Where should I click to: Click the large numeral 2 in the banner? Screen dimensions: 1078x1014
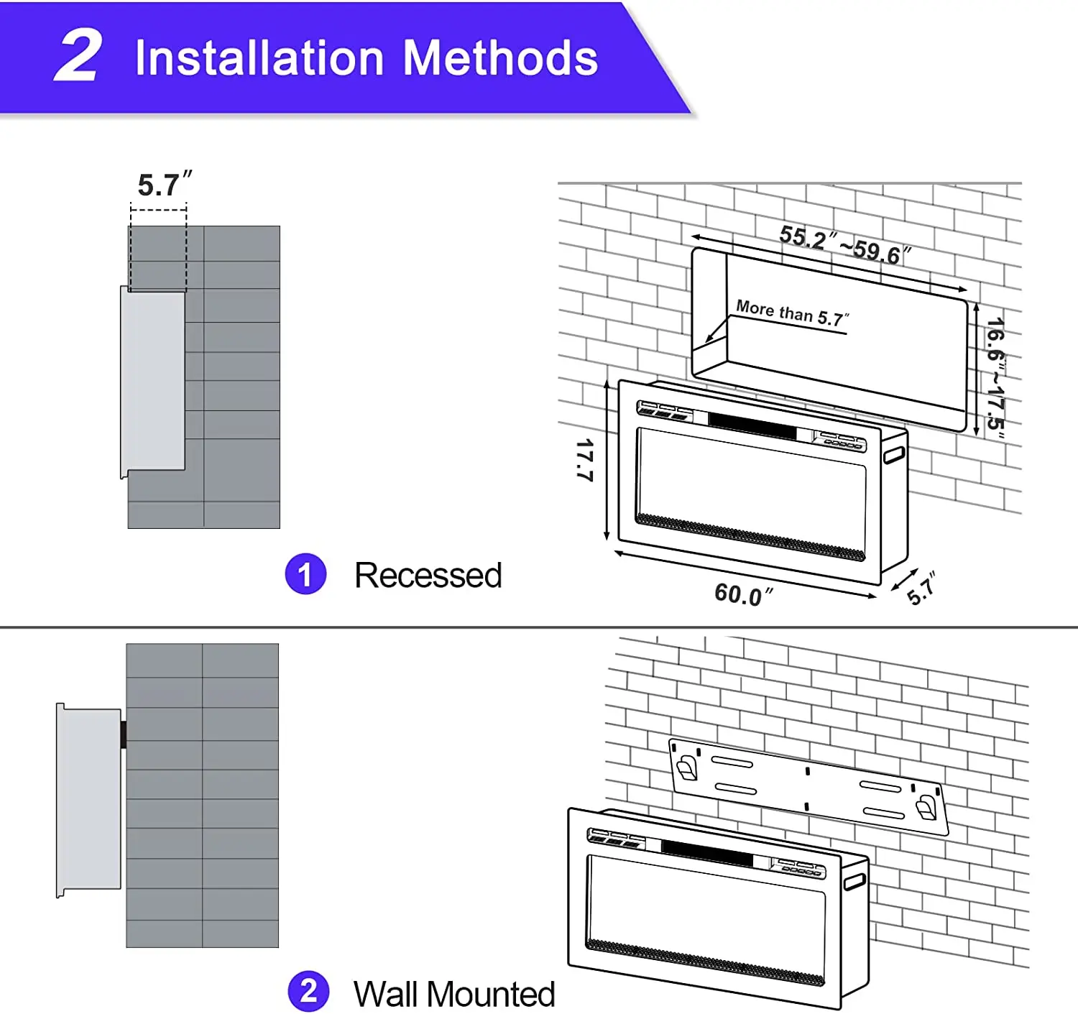pos(79,55)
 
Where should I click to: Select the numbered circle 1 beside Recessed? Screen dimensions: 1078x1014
pos(305,574)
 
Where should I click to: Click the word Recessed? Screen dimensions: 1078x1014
pos(428,575)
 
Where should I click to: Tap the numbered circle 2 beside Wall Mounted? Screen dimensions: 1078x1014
pos(308,991)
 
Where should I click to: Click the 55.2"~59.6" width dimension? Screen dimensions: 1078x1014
pos(846,245)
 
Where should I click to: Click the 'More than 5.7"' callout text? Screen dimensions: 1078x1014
pos(793,314)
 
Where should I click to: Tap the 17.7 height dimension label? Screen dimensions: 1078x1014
pos(585,461)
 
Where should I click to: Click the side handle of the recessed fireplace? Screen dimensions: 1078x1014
pos(894,455)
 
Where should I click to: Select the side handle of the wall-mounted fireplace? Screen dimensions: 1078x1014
pos(854,882)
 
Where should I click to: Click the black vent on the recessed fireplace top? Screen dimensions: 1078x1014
pos(752,426)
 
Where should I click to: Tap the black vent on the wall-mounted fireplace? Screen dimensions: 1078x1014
pos(707,853)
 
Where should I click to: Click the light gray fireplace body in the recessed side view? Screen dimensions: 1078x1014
pos(153,382)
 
